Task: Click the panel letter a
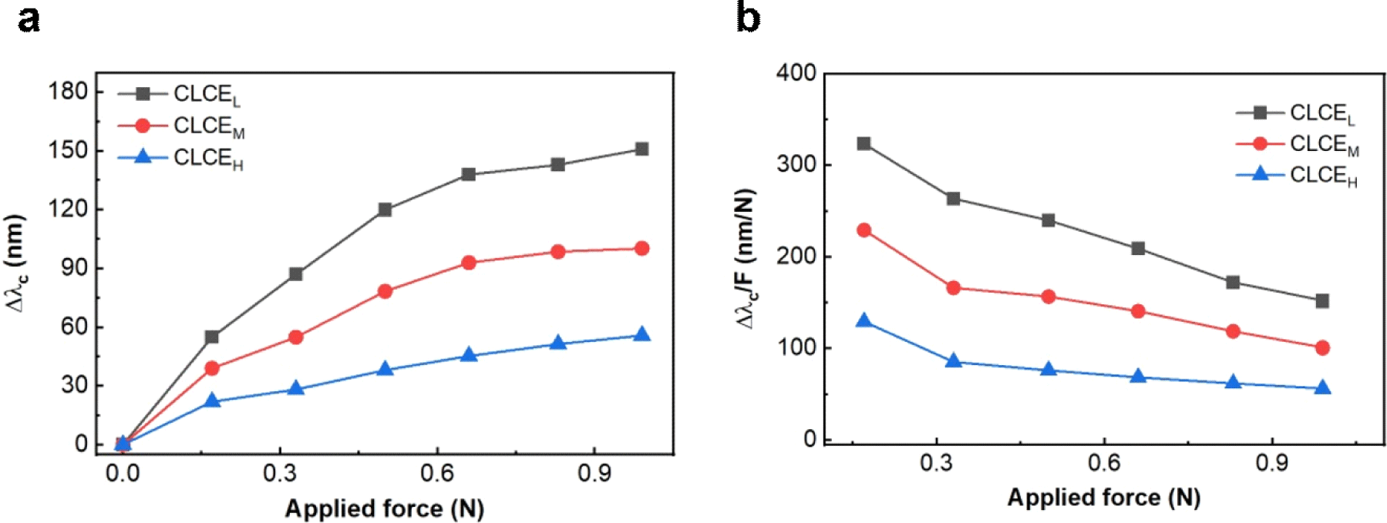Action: pyautogui.click(x=29, y=18)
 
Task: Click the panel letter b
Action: pyautogui.click(x=748, y=17)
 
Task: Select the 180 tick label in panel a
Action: pyautogui.click(x=68, y=92)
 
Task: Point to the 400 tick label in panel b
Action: pyautogui.click(x=796, y=73)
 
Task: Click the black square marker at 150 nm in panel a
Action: pyautogui.click(x=641, y=149)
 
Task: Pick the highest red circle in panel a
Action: pyautogui.click(x=641, y=248)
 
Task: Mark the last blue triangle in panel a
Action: pyautogui.click(x=641, y=335)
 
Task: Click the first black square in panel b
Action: pyautogui.click(x=864, y=144)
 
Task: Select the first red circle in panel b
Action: pyautogui.click(x=864, y=230)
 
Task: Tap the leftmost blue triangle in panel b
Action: pyautogui.click(x=864, y=320)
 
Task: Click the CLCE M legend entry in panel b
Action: pyautogui.click(x=1323, y=144)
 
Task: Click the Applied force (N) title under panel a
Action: pyautogui.click(x=384, y=508)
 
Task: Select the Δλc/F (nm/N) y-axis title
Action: pyautogui.click(x=746, y=258)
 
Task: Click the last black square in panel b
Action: pyautogui.click(x=1322, y=301)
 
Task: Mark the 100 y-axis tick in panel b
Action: pyautogui.click(x=796, y=348)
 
